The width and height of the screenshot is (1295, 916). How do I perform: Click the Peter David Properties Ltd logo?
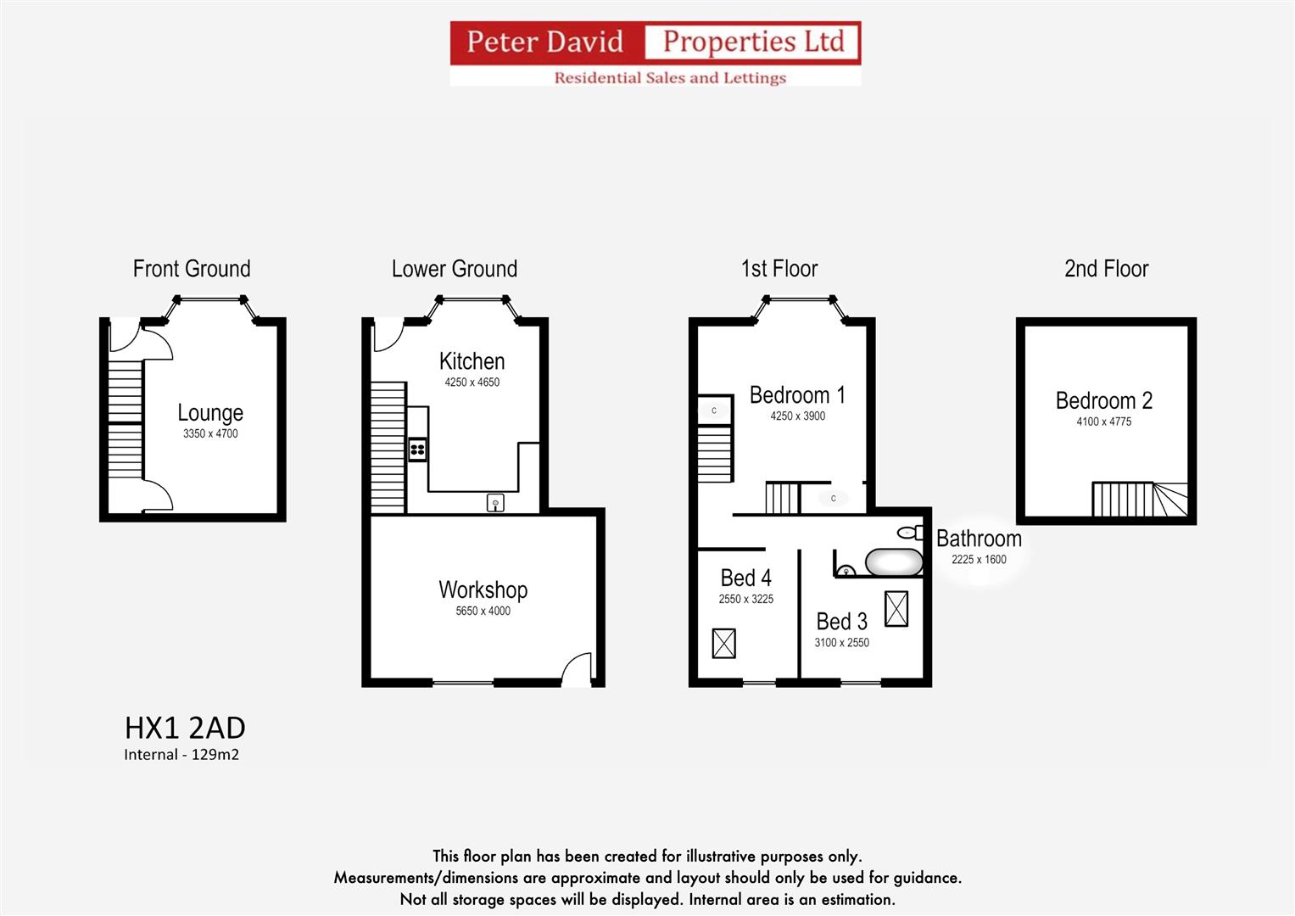coord(655,53)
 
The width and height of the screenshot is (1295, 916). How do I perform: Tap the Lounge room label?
coord(210,413)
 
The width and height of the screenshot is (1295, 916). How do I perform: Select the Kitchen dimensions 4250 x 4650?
coord(472,383)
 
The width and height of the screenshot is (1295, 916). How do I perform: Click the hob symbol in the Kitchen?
coord(417,449)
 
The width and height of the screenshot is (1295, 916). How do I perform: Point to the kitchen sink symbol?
coord(495,503)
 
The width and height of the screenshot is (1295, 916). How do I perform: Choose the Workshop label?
coord(483,589)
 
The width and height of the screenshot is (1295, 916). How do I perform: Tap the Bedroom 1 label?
coord(797,395)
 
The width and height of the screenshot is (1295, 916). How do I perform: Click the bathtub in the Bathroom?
coord(893,562)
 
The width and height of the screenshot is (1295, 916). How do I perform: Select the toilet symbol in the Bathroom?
coord(910,533)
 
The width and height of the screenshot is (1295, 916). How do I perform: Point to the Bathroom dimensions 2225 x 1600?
coord(979,560)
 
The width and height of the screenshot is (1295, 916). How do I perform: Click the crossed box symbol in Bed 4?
coord(723,643)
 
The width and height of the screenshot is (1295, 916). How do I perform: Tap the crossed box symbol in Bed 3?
coord(896,608)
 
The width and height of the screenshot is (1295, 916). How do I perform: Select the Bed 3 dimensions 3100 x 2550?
coord(841,643)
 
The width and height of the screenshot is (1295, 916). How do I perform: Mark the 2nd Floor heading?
coord(1106,269)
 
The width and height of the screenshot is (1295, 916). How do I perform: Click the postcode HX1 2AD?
coord(185,728)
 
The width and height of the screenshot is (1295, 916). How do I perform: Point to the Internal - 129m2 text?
coord(181,755)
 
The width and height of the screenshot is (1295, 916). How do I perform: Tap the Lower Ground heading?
coord(454,269)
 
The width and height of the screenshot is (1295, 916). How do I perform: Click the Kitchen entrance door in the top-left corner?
coord(387,335)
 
